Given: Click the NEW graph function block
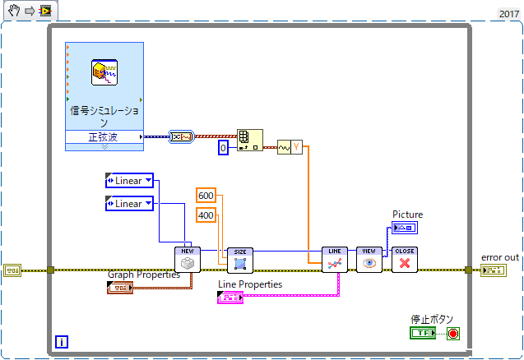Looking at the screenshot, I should coord(188,259).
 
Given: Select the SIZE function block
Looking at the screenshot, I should coord(240,259).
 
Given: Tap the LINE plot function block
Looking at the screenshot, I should coord(335,259).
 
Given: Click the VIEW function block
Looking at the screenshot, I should coord(369,259).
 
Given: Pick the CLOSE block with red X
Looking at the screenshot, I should coord(404,259).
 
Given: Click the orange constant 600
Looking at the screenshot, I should coord(206,195).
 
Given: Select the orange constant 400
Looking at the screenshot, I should coord(206,215).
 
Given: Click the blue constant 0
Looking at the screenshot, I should coord(222,148).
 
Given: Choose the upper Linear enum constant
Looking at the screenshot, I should coord(129,180).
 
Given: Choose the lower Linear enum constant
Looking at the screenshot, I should coord(129,203).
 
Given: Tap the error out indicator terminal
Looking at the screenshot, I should coord(492,270).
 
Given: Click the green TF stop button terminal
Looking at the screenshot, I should coord(424,333).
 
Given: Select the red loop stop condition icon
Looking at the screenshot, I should coord(453,333).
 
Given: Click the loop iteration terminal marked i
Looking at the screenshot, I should coord(61,340).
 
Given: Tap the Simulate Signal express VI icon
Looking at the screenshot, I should coord(104,75).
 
